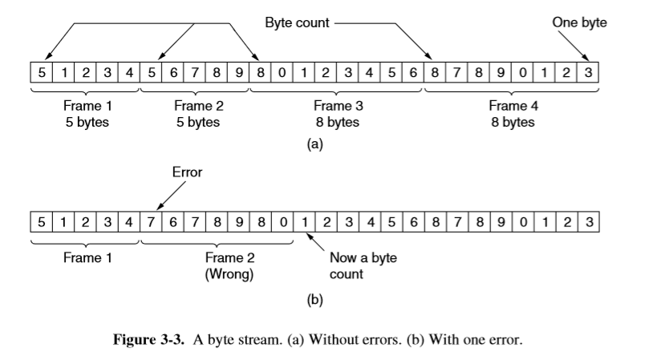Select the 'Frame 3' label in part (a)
pos(337,106)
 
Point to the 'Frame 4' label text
pos(512,106)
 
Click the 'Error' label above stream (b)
pos(186,172)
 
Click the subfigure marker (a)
pos(314,145)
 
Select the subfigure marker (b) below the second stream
pos(314,301)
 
